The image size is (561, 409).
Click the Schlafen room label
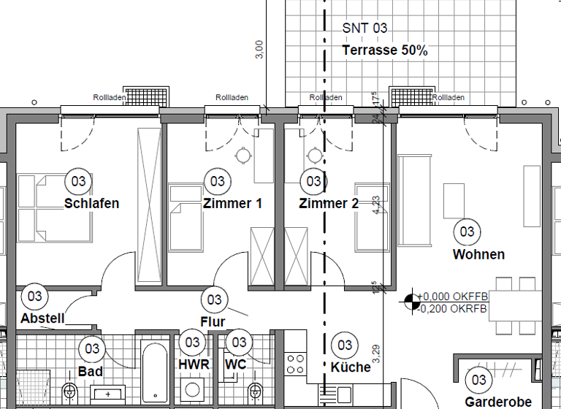[91, 203]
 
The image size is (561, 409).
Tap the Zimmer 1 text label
[232, 203]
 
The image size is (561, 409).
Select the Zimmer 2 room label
[329, 203]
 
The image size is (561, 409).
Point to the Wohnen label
[478, 254]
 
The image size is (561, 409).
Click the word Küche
[351, 367]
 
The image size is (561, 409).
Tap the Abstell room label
[42, 318]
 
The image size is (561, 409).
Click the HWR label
[194, 364]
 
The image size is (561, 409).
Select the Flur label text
[213, 321]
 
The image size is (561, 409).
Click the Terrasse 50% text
[385, 50]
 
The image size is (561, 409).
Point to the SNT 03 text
[365, 28]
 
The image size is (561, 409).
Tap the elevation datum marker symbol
[411, 300]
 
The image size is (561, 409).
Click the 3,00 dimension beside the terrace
[259, 49]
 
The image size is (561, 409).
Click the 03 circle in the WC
[238, 342]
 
